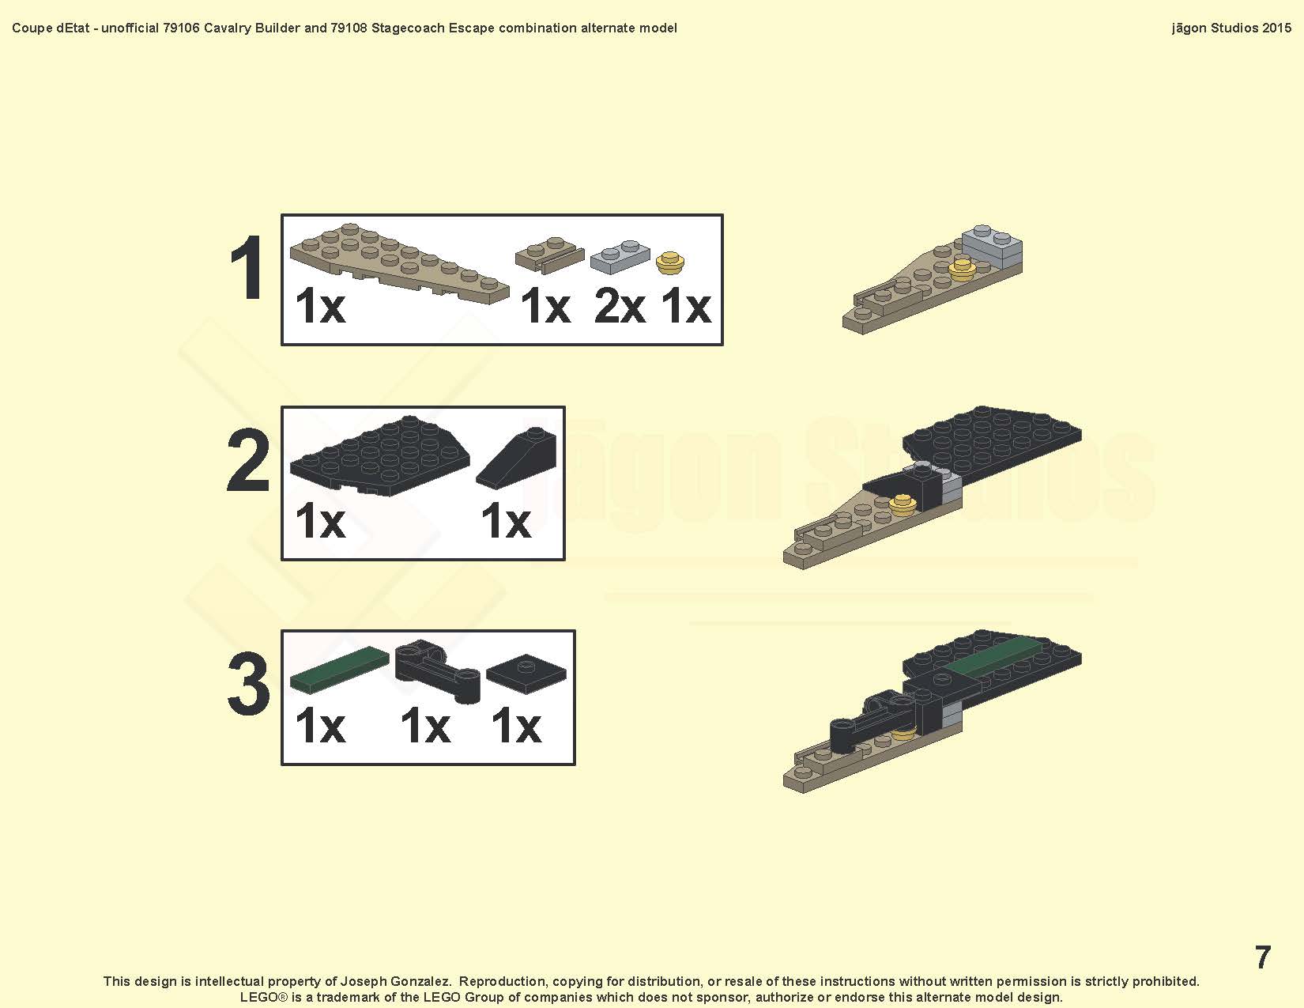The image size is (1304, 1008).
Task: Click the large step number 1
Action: (247, 268)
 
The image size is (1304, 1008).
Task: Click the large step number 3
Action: (248, 684)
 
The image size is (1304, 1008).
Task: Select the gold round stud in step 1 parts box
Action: (669, 263)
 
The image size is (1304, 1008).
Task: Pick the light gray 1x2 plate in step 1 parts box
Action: (620, 257)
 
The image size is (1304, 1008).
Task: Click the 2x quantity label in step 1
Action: (620, 306)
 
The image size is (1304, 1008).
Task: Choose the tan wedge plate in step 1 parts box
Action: (399, 263)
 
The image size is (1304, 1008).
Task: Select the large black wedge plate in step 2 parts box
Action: (379, 455)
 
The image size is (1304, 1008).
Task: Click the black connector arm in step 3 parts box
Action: (437, 670)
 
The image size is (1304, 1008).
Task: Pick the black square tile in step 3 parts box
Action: (526, 674)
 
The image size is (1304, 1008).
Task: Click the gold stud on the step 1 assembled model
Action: (962, 270)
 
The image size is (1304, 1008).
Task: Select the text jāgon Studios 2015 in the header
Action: (1231, 28)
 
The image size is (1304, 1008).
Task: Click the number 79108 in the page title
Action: (349, 28)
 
